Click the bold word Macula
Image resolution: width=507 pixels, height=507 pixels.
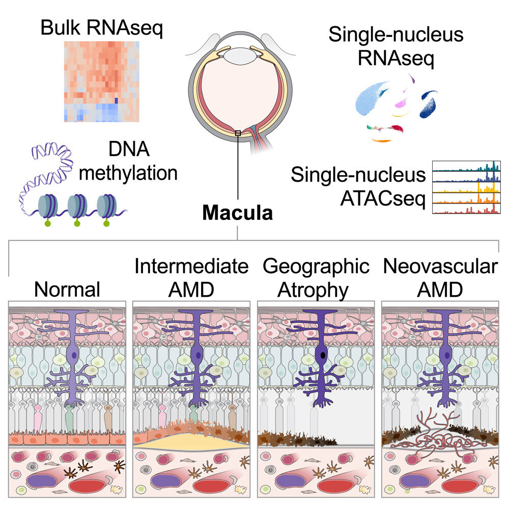[x=237, y=212]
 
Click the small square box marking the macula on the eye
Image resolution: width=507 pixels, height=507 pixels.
[x=237, y=133]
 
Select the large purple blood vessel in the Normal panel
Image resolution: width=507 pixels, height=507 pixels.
[x=41, y=483]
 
